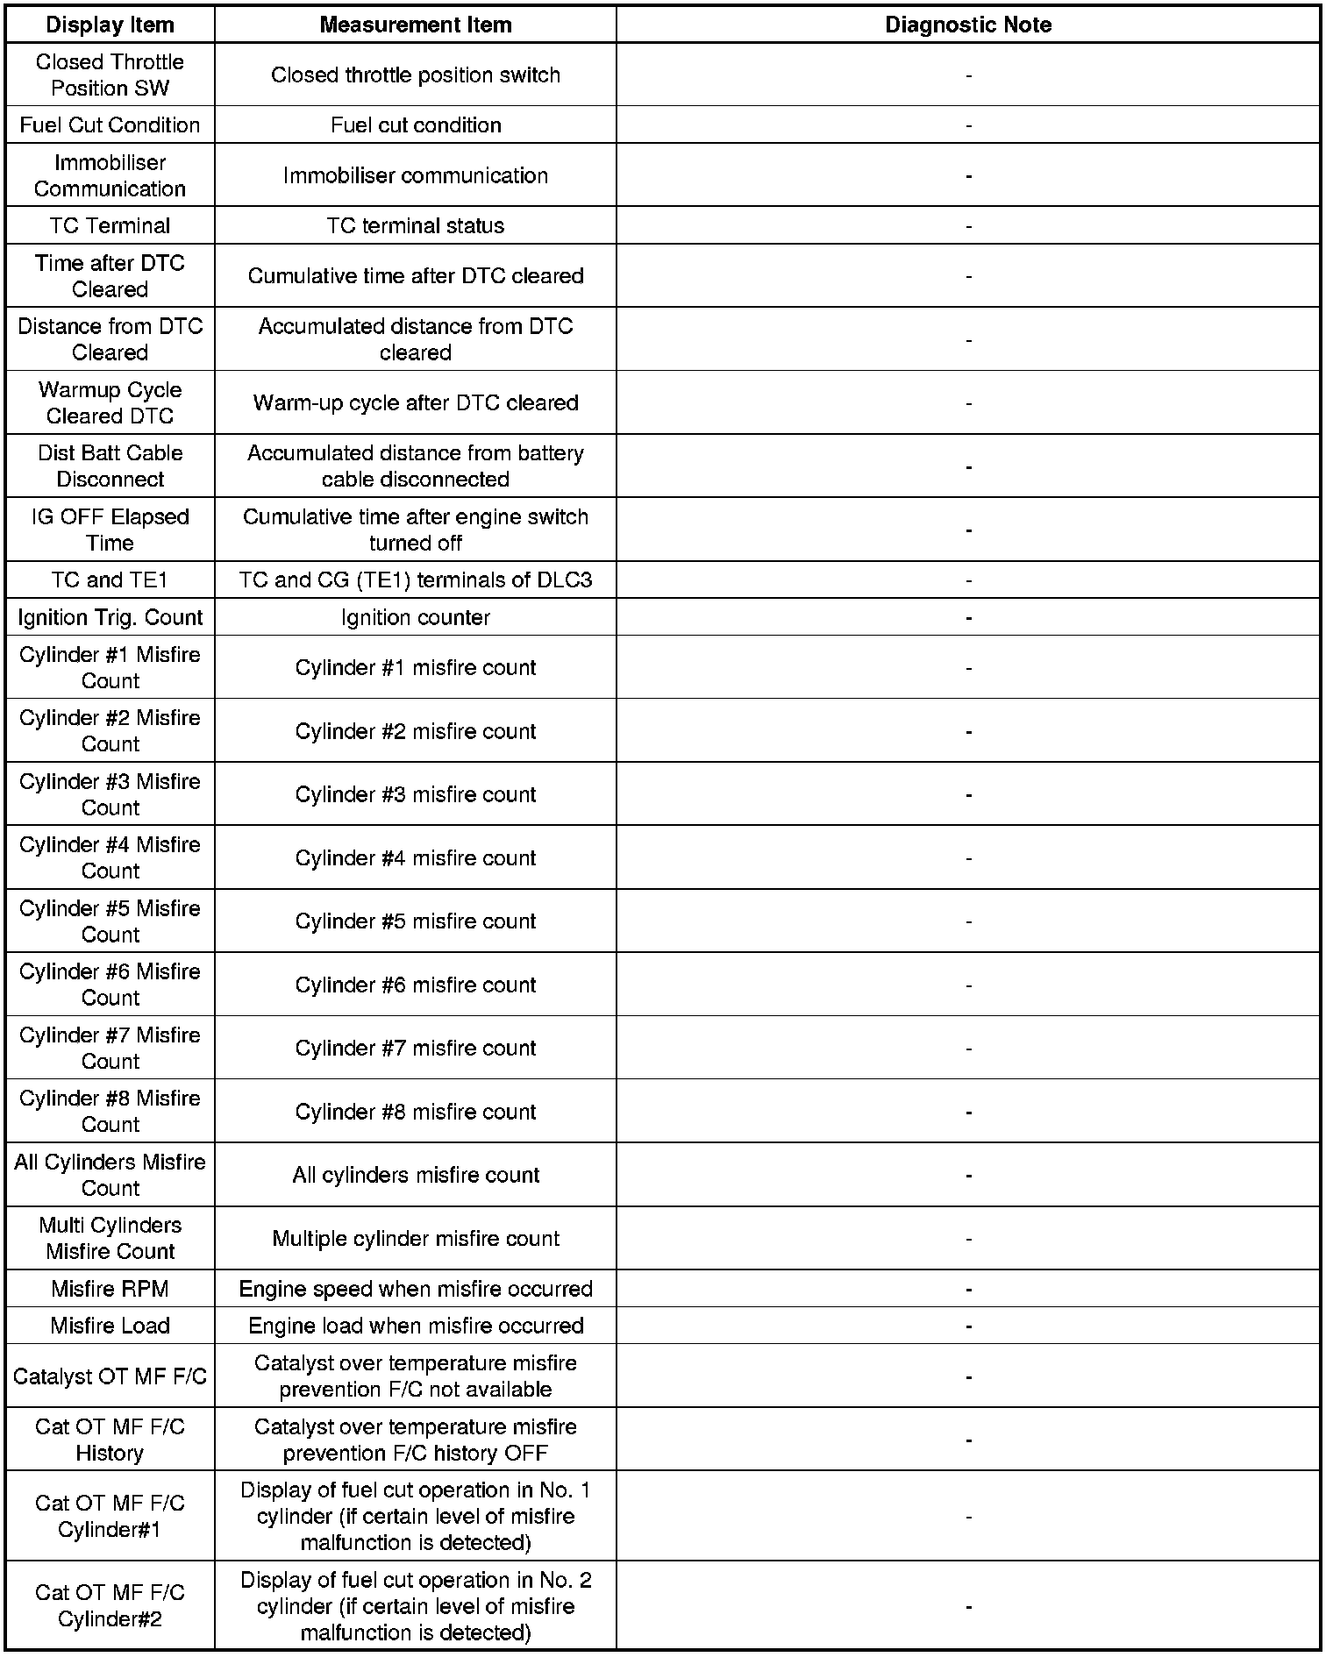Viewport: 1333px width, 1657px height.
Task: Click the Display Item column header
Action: (x=110, y=25)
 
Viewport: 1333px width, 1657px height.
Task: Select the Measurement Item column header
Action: (x=416, y=25)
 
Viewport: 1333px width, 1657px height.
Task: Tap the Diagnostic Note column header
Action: (x=968, y=25)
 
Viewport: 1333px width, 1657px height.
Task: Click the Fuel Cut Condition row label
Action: (x=110, y=125)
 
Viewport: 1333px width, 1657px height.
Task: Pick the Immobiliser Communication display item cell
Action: (x=110, y=175)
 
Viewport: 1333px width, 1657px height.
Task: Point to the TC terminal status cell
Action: (x=416, y=225)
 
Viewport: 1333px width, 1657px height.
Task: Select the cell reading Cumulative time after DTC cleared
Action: (x=416, y=276)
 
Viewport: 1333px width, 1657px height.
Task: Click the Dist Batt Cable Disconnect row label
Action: (x=110, y=466)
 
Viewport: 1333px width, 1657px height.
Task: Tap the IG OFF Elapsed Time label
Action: (x=110, y=530)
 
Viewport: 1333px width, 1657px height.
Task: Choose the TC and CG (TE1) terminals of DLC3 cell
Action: (x=416, y=580)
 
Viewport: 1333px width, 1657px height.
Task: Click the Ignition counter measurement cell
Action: (x=416, y=617)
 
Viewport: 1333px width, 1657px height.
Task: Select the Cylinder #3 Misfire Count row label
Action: (x=110, y=794)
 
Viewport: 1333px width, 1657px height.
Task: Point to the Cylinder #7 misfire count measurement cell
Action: (x=416, y=1048)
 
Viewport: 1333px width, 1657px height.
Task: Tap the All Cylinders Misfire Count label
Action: (x=110, y=1175)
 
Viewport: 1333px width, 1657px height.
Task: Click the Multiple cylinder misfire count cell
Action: (x=416, y=1238)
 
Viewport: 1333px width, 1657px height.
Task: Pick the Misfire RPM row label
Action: (x=110, y=1289)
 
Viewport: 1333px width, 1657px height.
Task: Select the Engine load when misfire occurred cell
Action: (x=416, y=1326)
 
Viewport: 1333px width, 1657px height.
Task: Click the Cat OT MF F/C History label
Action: (x=110, y=1440)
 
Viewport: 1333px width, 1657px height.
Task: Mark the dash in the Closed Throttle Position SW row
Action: (x=968, y=75)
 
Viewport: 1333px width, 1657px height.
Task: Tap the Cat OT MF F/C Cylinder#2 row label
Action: (x=110, y=1605)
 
